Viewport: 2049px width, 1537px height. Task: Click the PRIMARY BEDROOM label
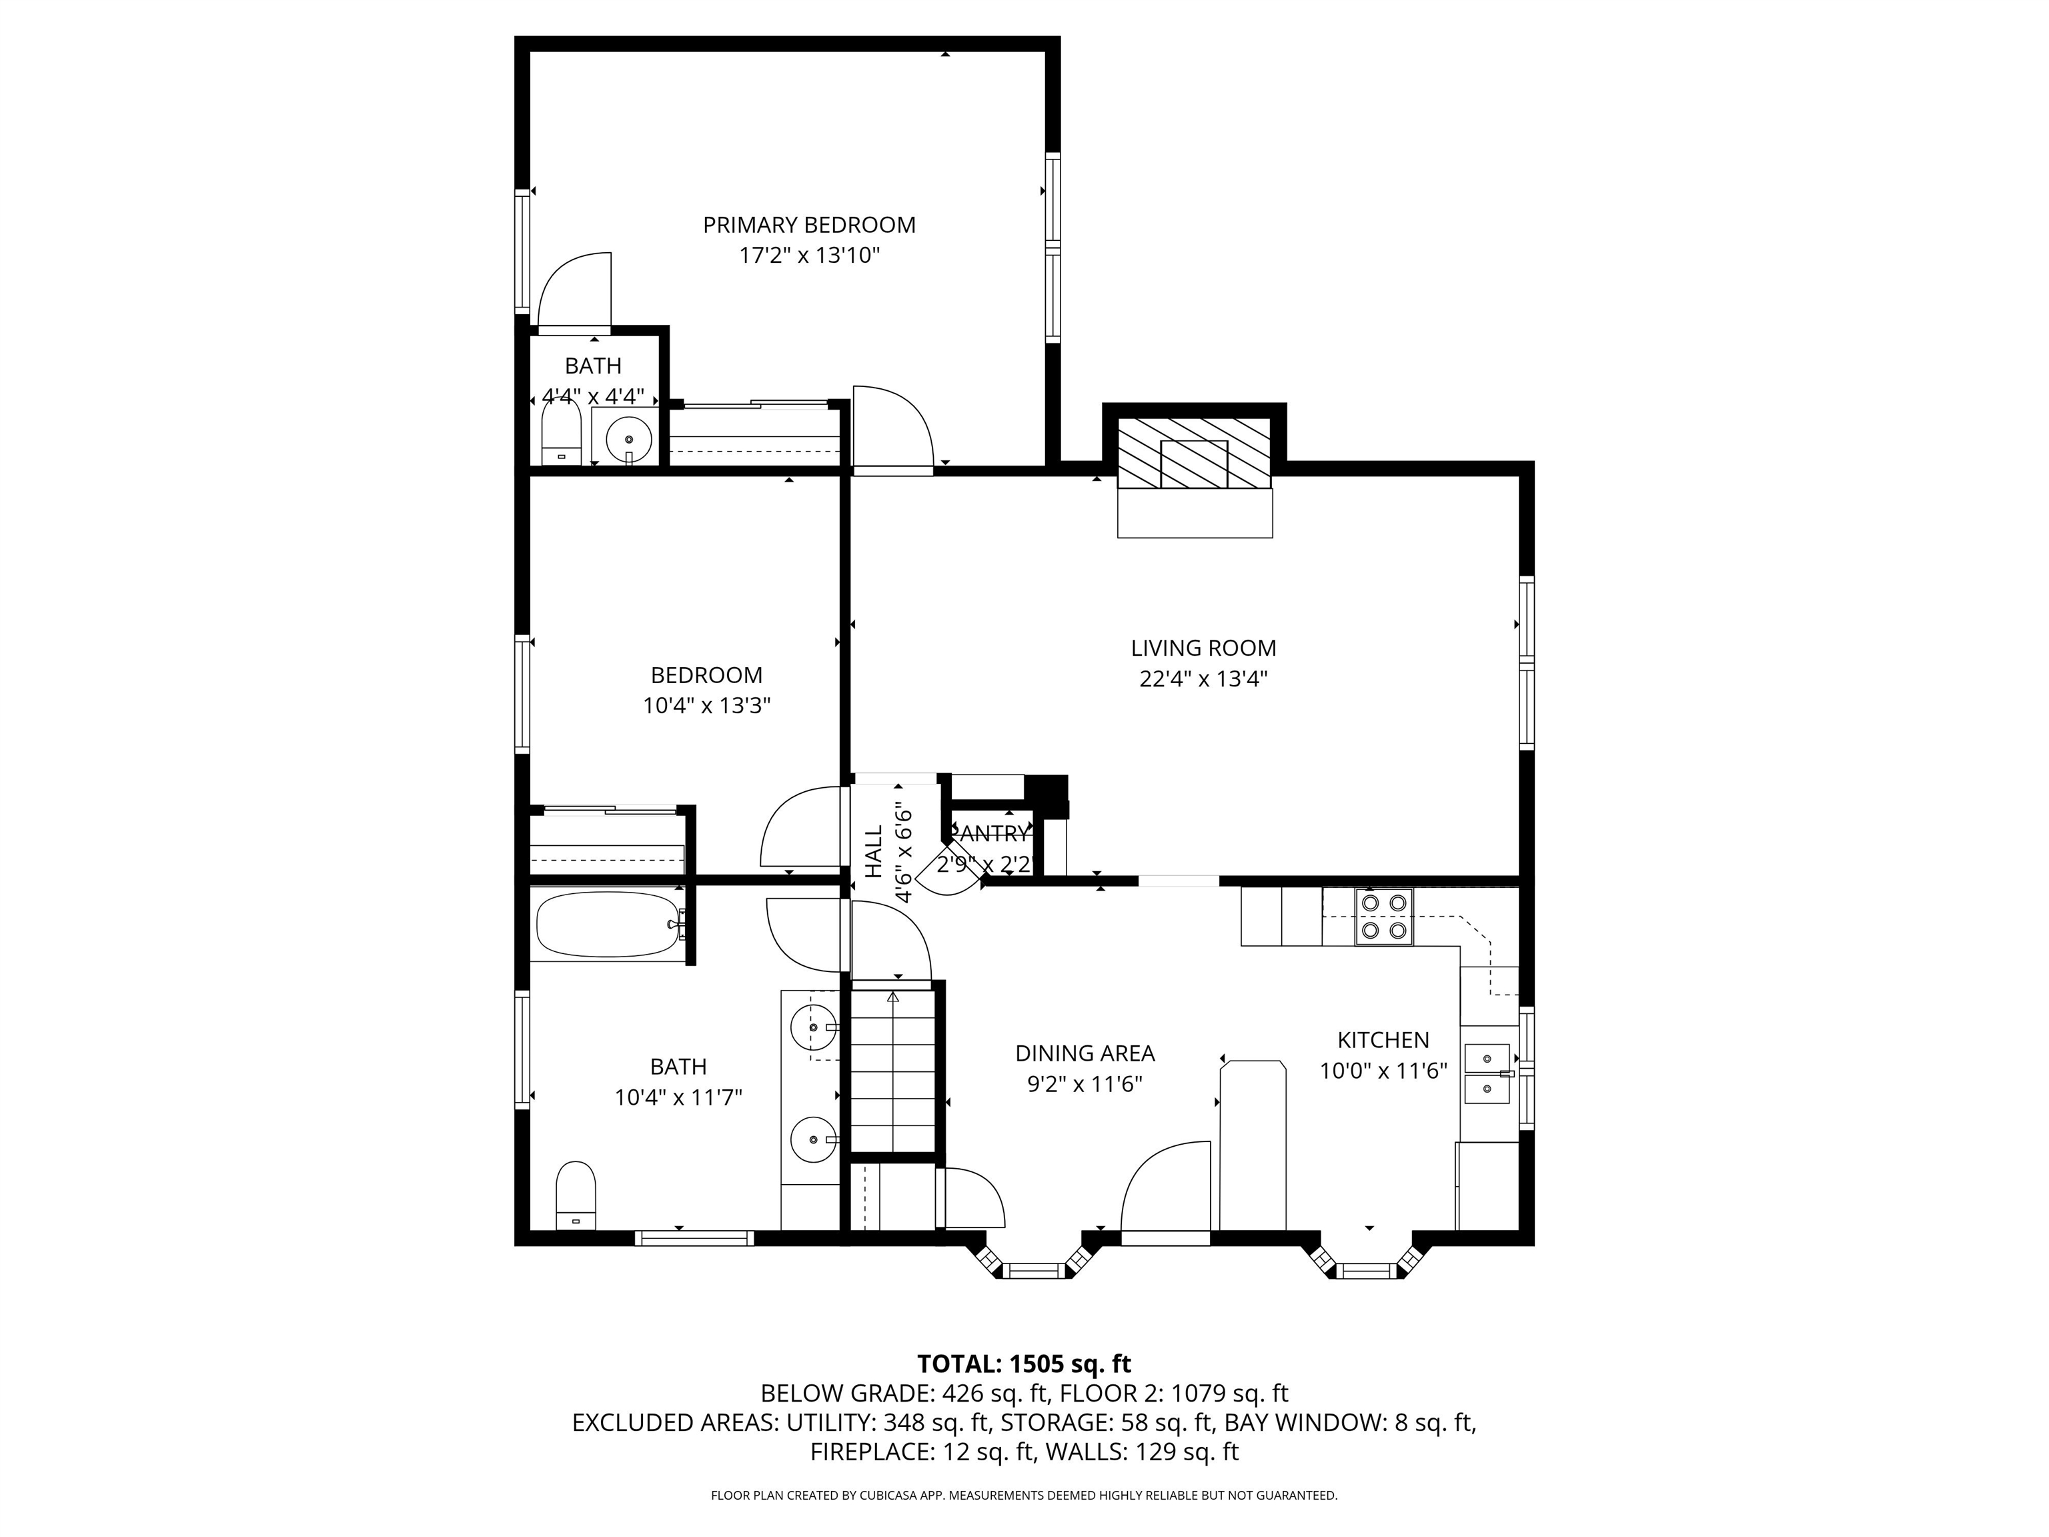tap(808, 225)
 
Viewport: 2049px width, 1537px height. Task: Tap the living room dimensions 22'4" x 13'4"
tap(1203, 679)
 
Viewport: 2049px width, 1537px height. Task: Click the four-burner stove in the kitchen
tap(1384, 917)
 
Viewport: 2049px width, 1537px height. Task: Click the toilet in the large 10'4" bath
tap(575, 1195)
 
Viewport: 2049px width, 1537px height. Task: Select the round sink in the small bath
tap(630, 438)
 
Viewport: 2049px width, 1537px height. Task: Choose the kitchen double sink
tap(1487, 1073)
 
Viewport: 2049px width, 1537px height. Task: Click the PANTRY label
tap(989, 834)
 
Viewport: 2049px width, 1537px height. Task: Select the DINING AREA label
tap(1084, 1053)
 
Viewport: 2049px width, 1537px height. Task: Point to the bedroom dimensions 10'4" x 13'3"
tap(707, 706)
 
